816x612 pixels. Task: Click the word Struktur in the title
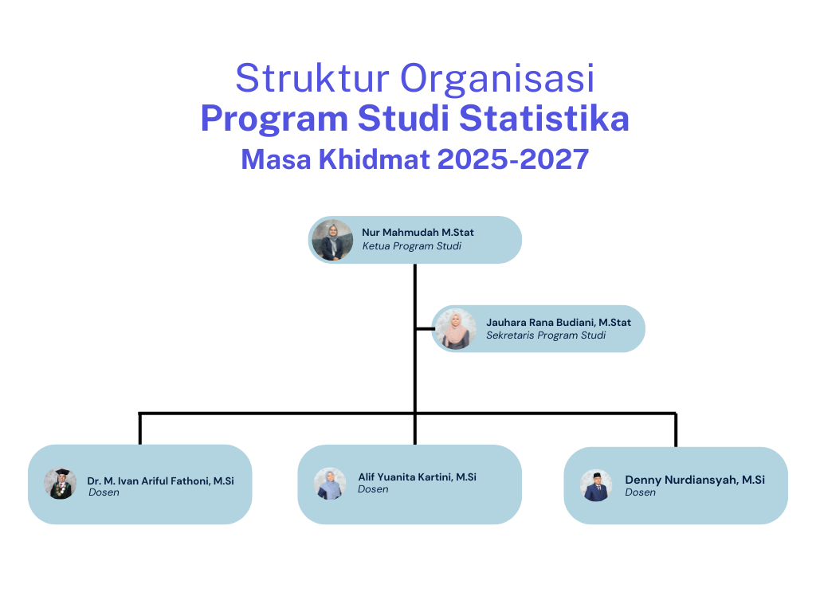point(312,78)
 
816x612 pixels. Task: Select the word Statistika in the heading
point(543,118)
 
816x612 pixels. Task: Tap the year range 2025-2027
point(513,159)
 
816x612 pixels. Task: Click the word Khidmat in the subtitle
point(375,159)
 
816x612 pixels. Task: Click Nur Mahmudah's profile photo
point(332,240)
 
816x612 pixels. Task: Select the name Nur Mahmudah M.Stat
point(418,233)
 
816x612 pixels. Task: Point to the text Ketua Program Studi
point(412,246)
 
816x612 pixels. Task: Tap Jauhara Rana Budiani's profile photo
point(455,329)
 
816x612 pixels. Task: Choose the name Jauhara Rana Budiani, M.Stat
point(559,323)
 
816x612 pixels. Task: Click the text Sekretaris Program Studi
point(546,335)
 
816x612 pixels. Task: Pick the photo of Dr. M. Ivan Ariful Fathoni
point(61,484)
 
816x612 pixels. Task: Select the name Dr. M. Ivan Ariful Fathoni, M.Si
point(160,481)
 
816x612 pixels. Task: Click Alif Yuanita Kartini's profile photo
point(330,484)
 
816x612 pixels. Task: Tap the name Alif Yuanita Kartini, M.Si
point(417,477)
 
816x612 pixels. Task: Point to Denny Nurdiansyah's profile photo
point(596,485)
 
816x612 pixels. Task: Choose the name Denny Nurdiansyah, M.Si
point(695,480)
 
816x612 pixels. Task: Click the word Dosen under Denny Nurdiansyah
point(640,492)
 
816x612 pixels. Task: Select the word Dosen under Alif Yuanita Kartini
point(373,489)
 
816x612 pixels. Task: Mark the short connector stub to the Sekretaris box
point(426,329)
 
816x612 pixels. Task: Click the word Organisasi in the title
point(497,79)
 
